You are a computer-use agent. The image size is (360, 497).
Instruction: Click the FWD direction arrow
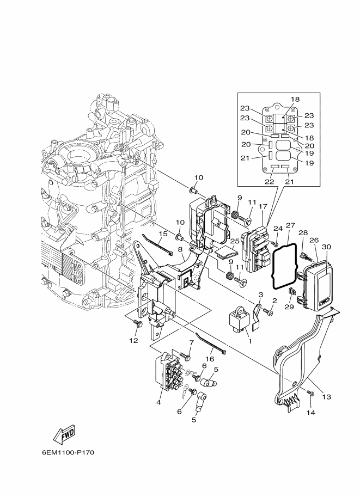pyautogui.click(x=64, y=435)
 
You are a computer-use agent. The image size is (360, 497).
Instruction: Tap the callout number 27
pyautogui.click(x=290, y=225)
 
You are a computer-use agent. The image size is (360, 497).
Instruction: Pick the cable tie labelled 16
pyautogui.click(x=211, y=343)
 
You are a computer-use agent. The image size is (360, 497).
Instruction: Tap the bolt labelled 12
pyautogui.click(x=138, y=324)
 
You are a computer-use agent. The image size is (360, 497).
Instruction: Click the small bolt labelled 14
pyautogui.click(x=310, y=394)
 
